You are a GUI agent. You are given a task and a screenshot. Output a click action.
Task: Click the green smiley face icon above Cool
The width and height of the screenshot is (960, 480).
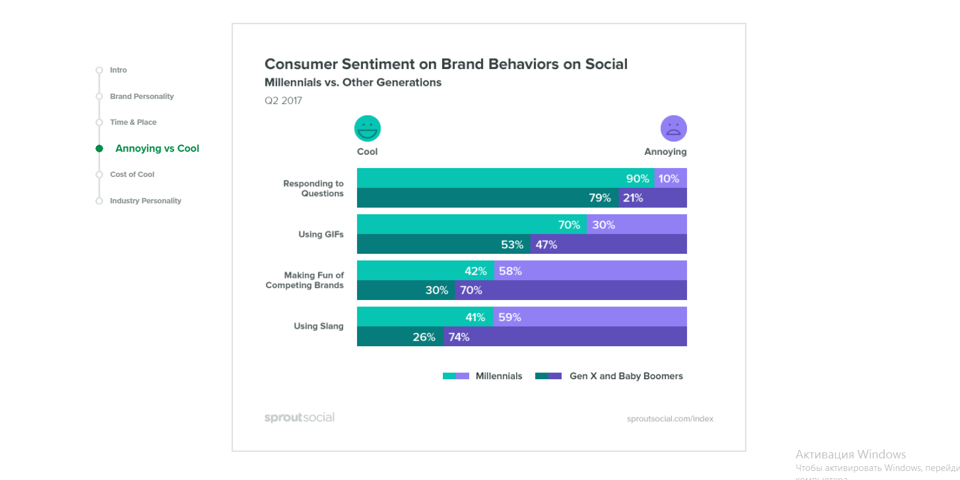pyautogui.click(x=367, y=128)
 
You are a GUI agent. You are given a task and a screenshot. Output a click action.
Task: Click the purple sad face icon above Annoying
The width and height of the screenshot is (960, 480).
pyautogui.click(x=673, y=128)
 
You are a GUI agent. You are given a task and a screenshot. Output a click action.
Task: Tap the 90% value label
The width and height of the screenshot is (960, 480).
pyautogui.click(x=637, y=179)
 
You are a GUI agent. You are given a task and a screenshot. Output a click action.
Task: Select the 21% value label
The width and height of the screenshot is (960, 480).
pyautogui.click(x=632, y=198)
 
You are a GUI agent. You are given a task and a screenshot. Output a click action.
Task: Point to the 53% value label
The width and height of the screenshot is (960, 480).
pyautogui.click(x=512, y=245)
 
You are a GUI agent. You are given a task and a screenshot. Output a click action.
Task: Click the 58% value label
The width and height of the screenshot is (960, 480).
pyautogui.click(x=510, y=271)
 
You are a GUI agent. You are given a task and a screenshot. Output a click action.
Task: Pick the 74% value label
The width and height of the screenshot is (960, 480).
pyautogui.click(x=459, y=337)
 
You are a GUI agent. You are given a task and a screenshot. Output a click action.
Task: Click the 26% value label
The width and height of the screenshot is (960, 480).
pyautogui.click(x=424, y=337)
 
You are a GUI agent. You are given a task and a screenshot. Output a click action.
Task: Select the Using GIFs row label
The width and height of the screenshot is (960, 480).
pyautogui.click(x=321, y=235)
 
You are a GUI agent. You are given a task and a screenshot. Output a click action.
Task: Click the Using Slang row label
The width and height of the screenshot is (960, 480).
pyautogui.click(x=319, y=326)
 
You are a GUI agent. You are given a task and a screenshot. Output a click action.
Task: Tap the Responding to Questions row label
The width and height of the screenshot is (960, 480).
pyautogui.click(x=314, y=188)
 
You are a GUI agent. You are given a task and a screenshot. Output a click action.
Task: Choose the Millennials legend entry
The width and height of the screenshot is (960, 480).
pyautogui.click(x=498, y=376)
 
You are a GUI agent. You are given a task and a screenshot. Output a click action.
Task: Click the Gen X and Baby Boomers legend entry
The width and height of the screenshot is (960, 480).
pyautogui.click(x=626, y=376)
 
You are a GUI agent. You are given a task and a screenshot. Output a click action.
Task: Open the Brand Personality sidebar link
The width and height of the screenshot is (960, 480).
pyautogui.click(x=142, y=97)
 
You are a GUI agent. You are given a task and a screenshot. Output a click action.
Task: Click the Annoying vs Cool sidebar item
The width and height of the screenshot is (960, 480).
pyautogui.click(x=157, y=149)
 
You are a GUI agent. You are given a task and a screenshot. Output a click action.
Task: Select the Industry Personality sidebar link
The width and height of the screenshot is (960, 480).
pyautogui.click(x=145, y=201)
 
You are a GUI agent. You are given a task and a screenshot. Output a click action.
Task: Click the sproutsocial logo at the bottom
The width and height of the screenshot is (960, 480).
pyautogui.click(x=299, y=418)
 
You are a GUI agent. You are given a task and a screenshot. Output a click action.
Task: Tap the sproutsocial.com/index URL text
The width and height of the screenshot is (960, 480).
pyautogui.click(x=670, y=419)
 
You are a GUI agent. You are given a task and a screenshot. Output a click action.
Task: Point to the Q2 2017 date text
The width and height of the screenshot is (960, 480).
pyautogui.click(x=283, y=101)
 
